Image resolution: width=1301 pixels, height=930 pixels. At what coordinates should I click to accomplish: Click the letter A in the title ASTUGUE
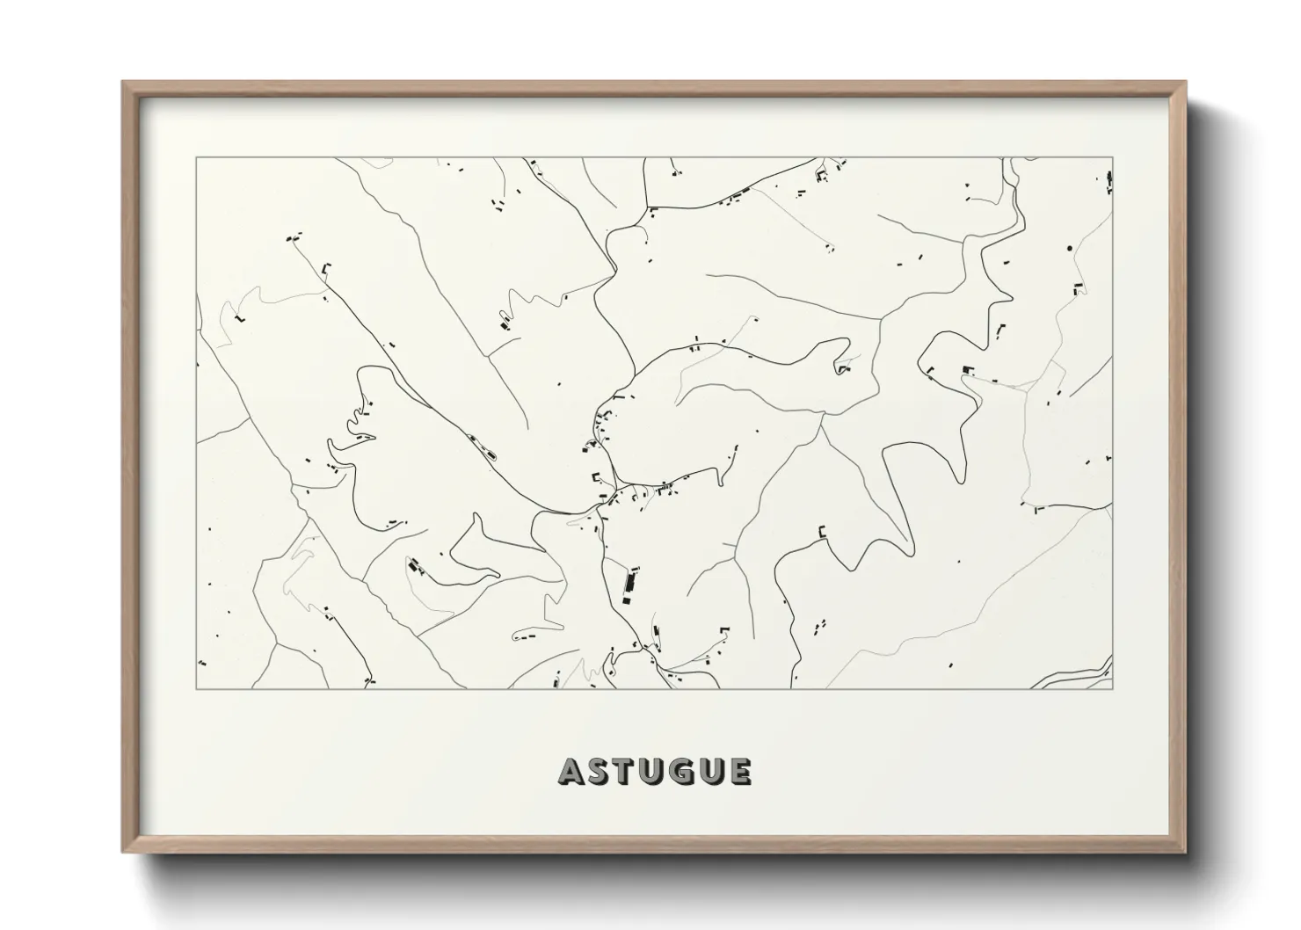[571, 772]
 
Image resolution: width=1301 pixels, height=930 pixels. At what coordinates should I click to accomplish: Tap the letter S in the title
[600, 772]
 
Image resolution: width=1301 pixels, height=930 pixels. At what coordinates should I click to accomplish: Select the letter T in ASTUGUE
[626, 772]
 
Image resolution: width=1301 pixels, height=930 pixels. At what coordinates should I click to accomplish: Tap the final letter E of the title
[740, 772]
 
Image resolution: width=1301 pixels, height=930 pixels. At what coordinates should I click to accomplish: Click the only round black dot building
[1069, 249]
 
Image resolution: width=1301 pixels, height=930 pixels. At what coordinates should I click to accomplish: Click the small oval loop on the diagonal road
[490, 454]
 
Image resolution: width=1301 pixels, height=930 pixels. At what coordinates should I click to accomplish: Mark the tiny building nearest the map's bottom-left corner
[202, 662]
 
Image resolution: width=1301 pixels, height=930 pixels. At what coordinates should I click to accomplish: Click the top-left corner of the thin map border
[196, 158]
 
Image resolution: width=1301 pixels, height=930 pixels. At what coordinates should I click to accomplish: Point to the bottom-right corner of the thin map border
[1113, 688]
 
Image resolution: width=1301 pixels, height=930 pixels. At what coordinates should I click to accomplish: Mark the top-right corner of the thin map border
[1113, 158]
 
